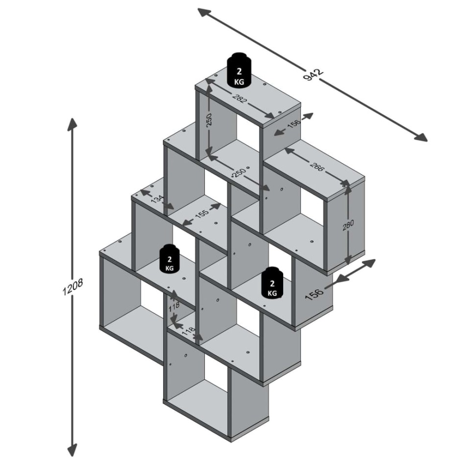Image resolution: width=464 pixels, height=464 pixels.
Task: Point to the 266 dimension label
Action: (317, 166)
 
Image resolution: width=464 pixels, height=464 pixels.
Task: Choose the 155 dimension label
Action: (200, 214)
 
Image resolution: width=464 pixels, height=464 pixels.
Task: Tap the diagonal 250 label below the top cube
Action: (239, 173)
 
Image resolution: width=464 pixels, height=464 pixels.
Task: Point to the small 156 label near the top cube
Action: (293, 124)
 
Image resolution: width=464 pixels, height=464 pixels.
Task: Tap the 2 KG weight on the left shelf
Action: (170, 258)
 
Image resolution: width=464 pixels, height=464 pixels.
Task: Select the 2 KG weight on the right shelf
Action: (272, 282)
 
